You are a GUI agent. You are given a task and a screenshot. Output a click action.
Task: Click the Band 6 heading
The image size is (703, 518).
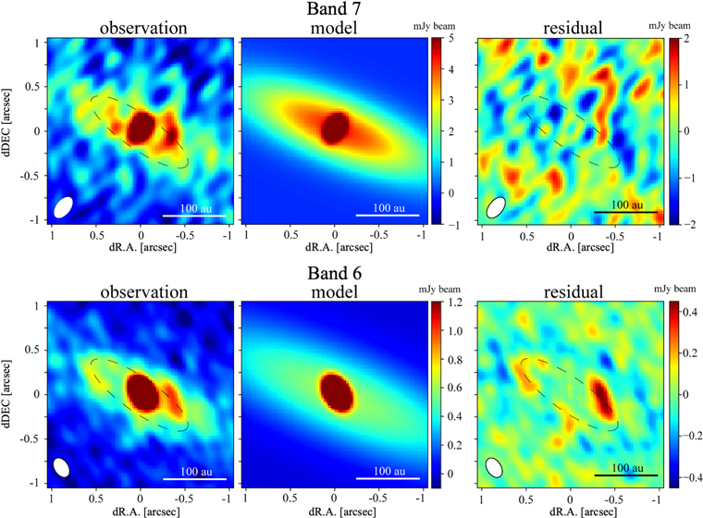coord(351,274)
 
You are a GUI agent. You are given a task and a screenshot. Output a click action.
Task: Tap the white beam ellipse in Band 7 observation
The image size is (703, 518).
coord(64,206)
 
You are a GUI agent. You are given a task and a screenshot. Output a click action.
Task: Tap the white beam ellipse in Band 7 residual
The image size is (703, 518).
coord(497,207)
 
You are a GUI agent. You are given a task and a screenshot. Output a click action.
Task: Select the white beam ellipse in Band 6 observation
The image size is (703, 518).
coord(63,467)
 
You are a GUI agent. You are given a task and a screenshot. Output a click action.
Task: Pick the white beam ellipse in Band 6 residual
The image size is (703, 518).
coord(496,468)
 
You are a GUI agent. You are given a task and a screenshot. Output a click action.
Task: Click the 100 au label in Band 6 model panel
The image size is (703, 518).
coord(388,471)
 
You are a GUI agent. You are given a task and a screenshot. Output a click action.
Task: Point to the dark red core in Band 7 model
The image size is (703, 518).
coord(335,127)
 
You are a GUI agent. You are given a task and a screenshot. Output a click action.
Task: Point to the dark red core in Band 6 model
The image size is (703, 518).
coord(335,388)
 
